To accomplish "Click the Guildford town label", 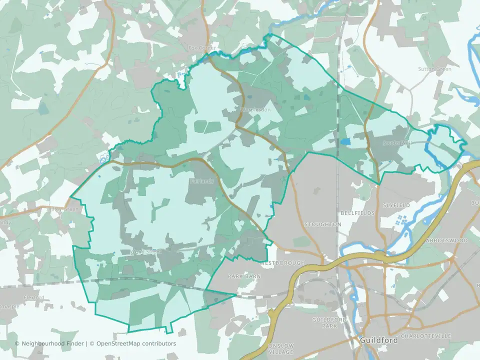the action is point(379,340).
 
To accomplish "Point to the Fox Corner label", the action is point(202,48).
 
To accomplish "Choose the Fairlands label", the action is point(201,181).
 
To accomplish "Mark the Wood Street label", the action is point(145,252).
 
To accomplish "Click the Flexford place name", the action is point(34,297).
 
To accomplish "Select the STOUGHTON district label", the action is point(322,224).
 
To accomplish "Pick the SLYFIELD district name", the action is point(396,205).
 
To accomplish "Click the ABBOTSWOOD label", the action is point(446,240).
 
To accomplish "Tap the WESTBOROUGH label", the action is point(282,263).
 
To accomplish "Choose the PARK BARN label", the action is point(245,276).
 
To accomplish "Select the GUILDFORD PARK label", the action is point(325,322).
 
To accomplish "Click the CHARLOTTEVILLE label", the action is point(426,335).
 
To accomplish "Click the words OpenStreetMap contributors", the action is point(136,343).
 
